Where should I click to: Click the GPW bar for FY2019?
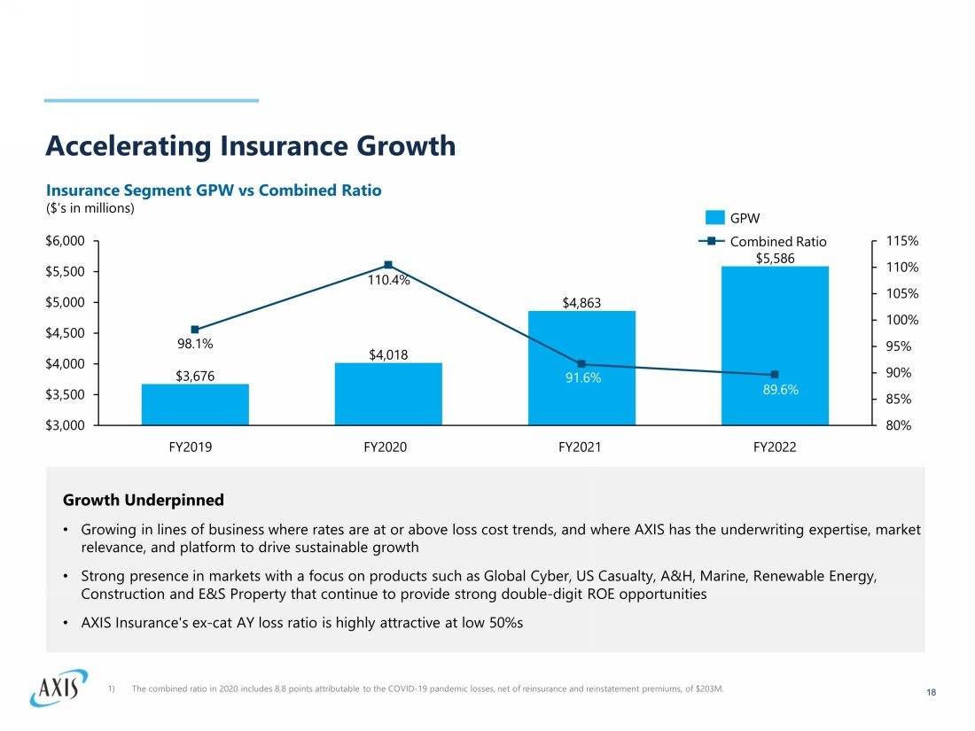195,405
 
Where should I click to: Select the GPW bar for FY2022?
775,346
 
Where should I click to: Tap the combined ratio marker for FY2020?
388,265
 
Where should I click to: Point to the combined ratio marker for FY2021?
581,363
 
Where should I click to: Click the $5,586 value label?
775,258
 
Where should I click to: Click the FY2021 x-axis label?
581,447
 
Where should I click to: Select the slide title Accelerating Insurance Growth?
251,145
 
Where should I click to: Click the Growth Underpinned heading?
143,501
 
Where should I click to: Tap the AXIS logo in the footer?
58,687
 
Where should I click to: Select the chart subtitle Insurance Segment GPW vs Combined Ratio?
214,191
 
